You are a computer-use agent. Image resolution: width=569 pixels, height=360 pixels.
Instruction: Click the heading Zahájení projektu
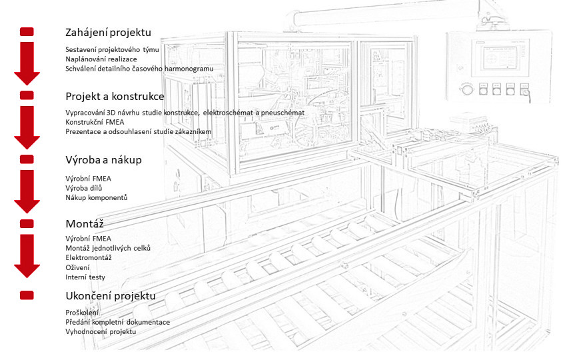coord(108,33)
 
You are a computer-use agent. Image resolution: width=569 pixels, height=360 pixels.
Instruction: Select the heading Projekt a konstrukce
coord(115,96)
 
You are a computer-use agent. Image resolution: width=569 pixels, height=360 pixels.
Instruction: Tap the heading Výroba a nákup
coord(103,160)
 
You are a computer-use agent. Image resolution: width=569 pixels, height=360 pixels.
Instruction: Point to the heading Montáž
coord(85,224)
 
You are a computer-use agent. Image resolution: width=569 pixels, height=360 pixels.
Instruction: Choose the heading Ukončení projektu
coord(111,296)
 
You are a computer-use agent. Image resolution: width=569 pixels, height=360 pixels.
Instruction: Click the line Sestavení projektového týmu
coord(112,50)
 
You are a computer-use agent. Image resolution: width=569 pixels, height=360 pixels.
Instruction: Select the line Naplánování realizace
coord(101,59)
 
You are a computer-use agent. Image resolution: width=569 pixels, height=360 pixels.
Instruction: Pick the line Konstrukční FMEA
coord(95,122)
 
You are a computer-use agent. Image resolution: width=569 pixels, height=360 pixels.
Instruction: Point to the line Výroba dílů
coord(84,188)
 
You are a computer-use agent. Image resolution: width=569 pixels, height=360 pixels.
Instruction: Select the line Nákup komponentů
coord(97,198)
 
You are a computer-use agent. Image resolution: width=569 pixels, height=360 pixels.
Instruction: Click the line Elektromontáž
coord(89,257)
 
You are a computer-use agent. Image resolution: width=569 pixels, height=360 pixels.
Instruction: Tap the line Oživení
coord(77,268)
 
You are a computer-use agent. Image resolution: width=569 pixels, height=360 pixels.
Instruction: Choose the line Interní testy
coord(85,277)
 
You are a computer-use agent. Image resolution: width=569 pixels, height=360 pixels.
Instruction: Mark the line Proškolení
coord(82,313)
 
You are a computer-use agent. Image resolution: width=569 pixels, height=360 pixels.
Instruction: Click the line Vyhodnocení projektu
coord(101,331)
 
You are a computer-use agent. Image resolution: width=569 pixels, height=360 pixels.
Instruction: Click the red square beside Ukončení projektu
coord(27,295)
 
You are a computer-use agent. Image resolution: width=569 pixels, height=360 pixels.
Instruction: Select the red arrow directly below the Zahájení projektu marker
coord(27,63)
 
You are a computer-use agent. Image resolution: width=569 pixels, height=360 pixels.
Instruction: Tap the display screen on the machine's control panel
coord(500,57)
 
